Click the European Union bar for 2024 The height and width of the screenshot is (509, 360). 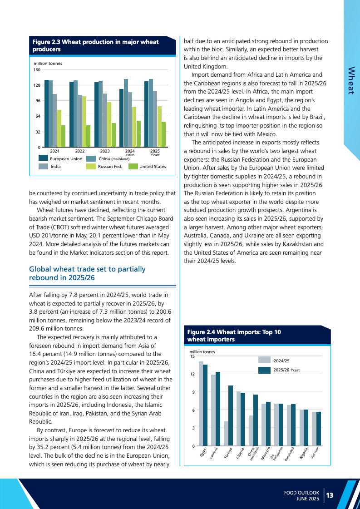pos(121,118)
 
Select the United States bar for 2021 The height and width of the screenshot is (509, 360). pos(63,136)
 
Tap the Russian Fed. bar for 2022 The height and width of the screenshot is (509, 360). pos(84,121)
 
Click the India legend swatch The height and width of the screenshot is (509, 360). pos(43,167)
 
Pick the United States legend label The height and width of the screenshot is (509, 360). pos(153,167)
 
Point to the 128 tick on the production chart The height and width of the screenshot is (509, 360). pos(37,85)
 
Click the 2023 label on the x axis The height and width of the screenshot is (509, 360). pos(105,151)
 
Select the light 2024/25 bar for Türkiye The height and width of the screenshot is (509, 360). pos(226,434)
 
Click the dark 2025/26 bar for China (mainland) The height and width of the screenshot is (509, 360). pos(256,420)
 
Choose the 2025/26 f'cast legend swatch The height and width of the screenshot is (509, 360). pos(264,370)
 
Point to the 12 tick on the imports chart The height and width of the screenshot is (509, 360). pos(192,374)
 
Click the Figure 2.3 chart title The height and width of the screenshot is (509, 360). pos(95,45)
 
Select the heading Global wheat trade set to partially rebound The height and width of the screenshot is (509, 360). pos(87,273)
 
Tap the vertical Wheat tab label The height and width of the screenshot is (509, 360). pos(350,80)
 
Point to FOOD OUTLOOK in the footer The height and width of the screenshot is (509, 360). pos(302,492)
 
